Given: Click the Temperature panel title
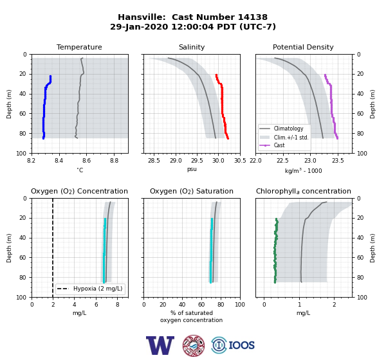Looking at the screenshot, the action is [79, 47].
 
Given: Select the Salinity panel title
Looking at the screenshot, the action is [192, 47].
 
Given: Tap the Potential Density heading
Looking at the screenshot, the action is [303, 47].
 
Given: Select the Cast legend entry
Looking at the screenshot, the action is [279, 145].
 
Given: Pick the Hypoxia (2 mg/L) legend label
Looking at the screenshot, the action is [98, 289].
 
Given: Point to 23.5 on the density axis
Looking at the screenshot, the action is [338, 161].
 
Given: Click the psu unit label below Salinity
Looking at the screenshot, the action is [192, 170].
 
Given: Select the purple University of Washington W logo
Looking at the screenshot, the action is [160, 345].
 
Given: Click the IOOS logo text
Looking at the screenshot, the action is [241, 345].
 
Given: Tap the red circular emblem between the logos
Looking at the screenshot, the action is [194, 345].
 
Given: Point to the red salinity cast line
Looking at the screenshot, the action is [222, 106].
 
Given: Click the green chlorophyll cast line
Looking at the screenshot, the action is [275, 250].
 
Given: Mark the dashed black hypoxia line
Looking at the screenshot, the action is [53, 248].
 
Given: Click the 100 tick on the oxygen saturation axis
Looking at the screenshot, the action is [240, 305].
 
